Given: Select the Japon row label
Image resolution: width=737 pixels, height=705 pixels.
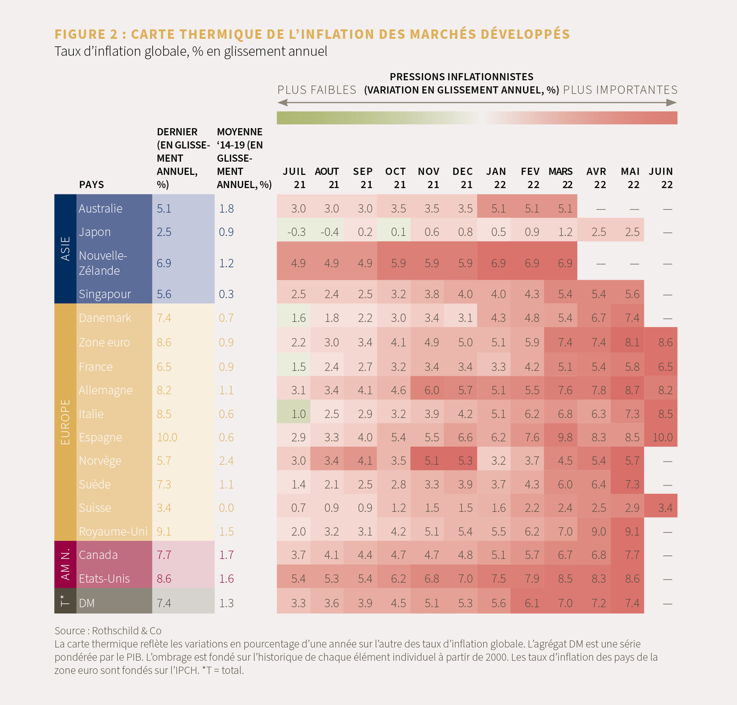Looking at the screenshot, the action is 95,232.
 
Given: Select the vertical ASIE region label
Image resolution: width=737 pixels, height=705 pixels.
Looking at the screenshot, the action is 65,249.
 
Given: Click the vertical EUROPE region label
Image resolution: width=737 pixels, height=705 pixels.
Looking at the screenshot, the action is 65,422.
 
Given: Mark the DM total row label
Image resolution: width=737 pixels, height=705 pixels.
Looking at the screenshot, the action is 87,603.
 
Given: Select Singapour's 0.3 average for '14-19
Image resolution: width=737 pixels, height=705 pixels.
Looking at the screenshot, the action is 226,294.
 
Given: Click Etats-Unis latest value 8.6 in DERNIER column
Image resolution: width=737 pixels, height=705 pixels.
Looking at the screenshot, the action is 164,578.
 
